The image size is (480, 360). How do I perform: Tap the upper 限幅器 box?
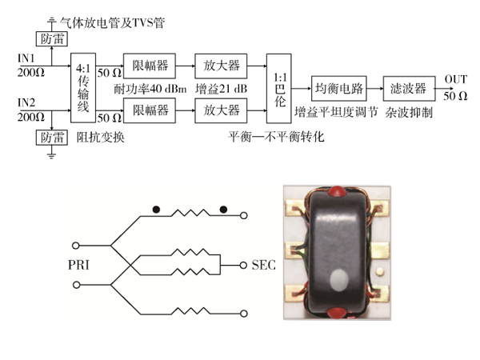150,63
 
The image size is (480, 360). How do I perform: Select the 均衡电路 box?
338,86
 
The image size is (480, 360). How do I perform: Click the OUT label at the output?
456,78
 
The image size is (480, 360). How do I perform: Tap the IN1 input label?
26,58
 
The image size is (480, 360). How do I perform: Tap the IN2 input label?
26,102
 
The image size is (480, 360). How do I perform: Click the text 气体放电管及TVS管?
114,22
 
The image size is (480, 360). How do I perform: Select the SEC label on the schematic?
263,265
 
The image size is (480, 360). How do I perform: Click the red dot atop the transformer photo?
338,193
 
